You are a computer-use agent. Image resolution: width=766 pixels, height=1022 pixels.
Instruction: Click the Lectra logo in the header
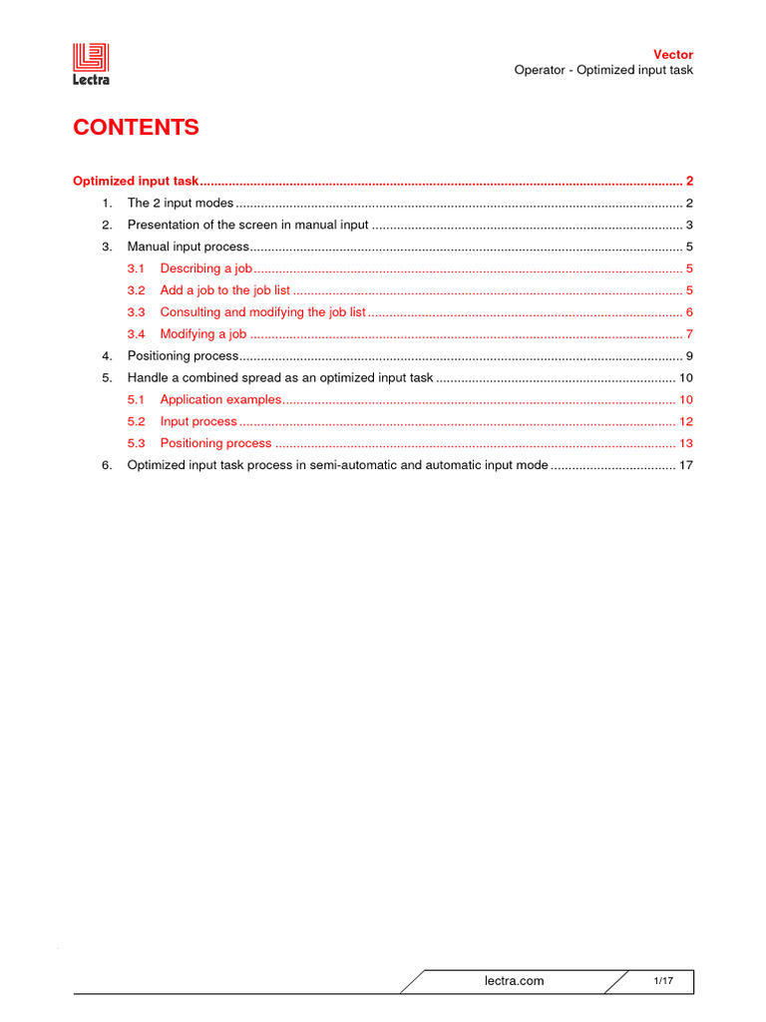(x=91, y=65)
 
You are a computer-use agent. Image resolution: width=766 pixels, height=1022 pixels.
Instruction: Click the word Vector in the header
(x=672, y=54)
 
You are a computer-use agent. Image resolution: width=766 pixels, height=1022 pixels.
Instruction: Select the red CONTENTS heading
(x=136, y=128)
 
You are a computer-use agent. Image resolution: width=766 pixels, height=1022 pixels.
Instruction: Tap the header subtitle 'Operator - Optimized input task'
(x=602, y=70)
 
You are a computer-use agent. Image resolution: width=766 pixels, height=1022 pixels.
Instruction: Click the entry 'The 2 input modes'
(x=180, y=203)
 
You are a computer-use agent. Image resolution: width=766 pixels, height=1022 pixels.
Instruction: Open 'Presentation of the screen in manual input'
(x=247, y=225)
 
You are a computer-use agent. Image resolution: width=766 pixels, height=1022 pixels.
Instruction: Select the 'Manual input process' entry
(x=187, y=247)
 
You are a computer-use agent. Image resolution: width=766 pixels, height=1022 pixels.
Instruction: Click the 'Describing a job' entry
(x=206, y=268)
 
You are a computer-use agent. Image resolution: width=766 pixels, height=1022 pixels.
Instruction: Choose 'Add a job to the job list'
(x=225, y=290)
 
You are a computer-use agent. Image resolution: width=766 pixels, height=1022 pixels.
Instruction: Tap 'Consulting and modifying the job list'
(x=263, y=312)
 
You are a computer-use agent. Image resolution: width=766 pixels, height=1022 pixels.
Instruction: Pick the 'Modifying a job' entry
(x=203, y=334)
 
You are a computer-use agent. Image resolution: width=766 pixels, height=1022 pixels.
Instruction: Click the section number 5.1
(x=136, y=399)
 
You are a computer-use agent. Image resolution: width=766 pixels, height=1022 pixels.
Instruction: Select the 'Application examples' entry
(x=221, y=399)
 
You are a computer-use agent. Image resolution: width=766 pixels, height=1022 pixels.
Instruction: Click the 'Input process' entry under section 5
(x=198, y=421)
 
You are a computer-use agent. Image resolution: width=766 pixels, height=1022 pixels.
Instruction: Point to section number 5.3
(x=136, y=443)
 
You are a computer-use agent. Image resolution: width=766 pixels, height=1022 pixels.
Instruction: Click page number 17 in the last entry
(x=685, y=465)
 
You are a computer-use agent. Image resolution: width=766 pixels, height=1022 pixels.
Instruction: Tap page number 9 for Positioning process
(x=689, y=356)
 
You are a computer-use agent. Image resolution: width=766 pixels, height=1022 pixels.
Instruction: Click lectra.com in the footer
(x=514, y=981)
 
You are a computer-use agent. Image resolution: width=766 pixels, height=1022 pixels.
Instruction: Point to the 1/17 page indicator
(x=663, y=981)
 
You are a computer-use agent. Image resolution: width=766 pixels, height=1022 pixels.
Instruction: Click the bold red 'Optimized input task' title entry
(x=137, y=182)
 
